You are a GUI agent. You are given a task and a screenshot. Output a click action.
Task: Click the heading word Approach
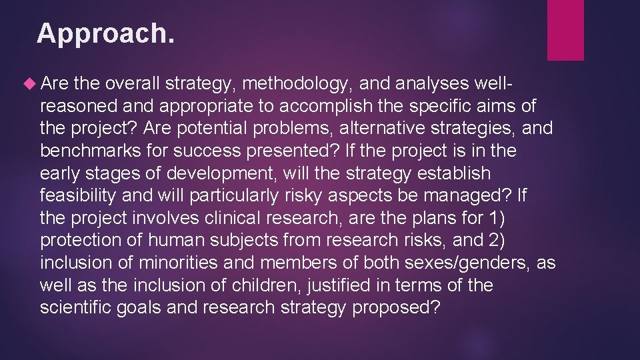click(106, 33)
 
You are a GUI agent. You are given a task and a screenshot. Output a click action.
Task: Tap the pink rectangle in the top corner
click(565, 30)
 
